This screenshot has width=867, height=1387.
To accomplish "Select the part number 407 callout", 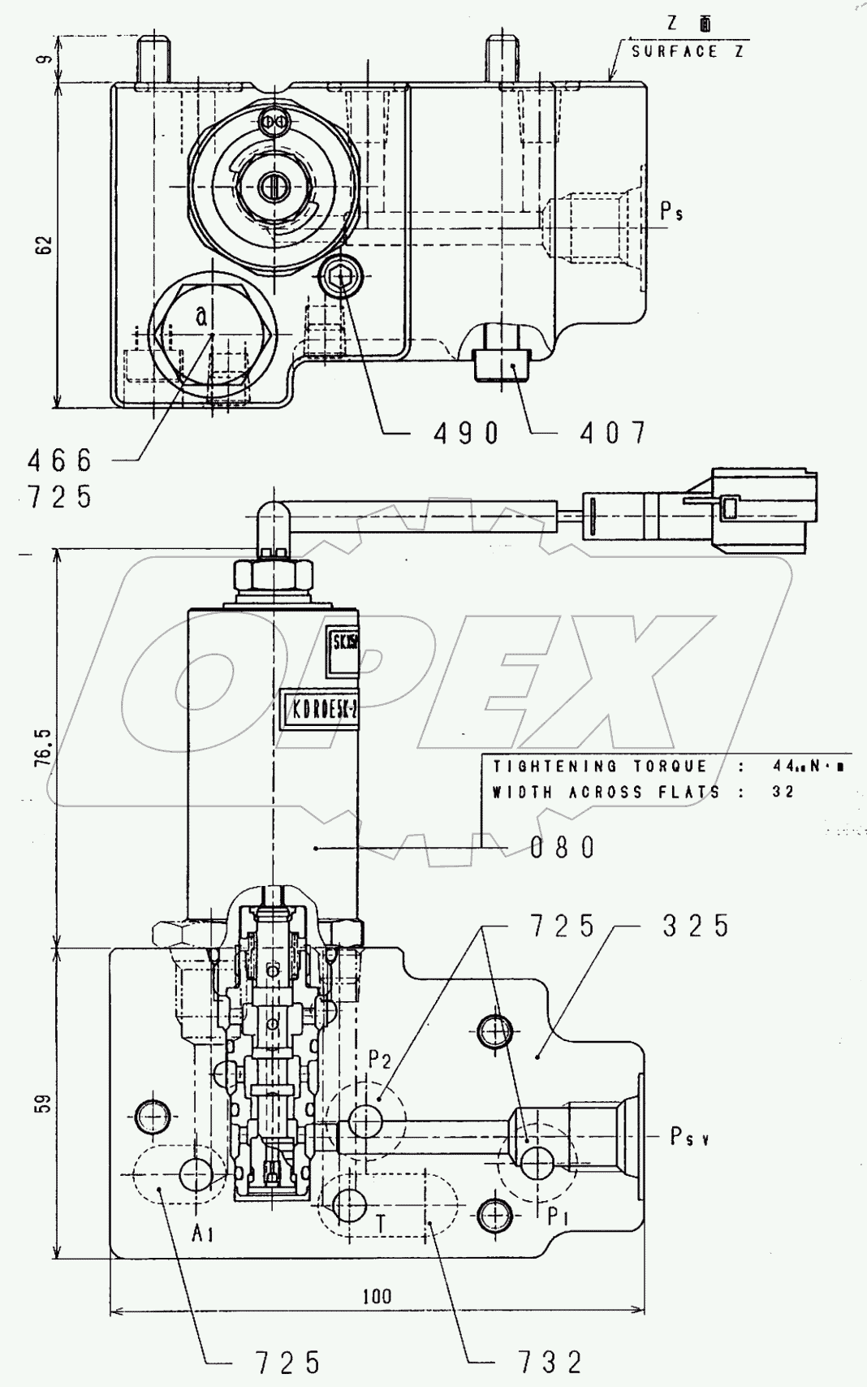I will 613,434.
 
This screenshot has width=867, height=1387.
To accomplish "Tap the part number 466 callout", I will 60,461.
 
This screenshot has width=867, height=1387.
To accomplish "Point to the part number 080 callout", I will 563,849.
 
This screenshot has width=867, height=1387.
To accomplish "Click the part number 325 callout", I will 696,926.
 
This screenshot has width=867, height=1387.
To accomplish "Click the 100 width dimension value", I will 377,1296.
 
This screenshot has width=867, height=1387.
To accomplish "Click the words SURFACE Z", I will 688,52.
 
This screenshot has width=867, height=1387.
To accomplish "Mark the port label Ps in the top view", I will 671,213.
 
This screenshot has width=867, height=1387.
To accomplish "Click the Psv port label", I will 690,1138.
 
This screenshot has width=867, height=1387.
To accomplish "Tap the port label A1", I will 203,1234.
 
